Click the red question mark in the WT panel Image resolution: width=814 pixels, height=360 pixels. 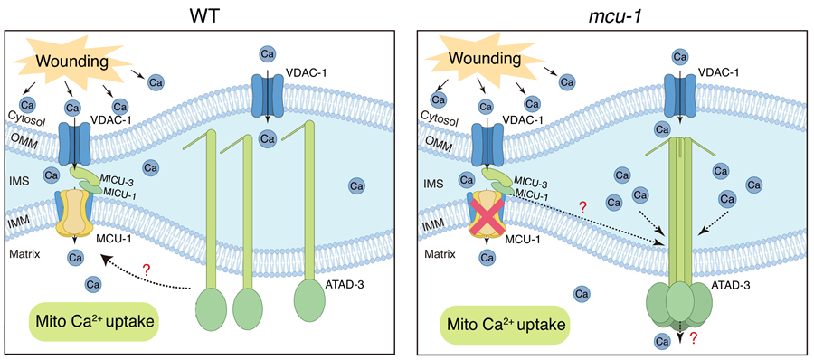(x=147, y=270)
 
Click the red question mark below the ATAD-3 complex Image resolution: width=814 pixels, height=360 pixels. (x=692, y=340)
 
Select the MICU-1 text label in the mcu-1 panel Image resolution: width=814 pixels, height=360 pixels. (x=526, y=193)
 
